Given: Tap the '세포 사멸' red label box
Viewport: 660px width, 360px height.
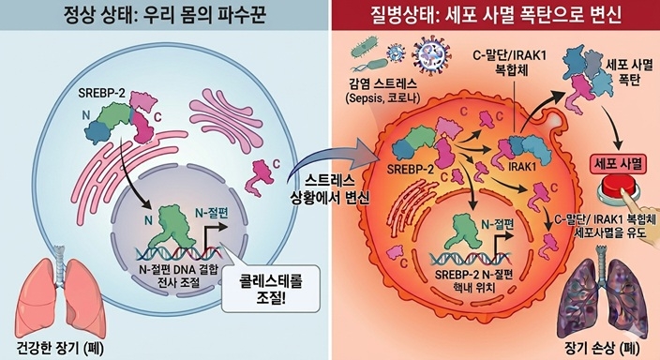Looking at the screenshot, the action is click(x=618, y=164).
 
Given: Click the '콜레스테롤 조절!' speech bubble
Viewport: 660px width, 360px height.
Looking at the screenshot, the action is click(x=271, y=289).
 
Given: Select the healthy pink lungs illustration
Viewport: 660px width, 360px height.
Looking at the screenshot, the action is click(x=60, y=293).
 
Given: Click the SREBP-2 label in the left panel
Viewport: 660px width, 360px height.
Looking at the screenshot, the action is click(x=101, y=93).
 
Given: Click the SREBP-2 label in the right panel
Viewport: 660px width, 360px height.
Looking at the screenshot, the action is click(x=410, y=169).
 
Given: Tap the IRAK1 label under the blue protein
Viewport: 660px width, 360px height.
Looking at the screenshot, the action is click(x=522, y=166).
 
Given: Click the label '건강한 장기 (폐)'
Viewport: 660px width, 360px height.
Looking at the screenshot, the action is click(x=60, y=348).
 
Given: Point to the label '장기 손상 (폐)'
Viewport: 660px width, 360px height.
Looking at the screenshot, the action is click(x=602, y=348).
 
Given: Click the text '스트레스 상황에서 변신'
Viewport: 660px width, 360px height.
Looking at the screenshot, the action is click(x=330, y=190).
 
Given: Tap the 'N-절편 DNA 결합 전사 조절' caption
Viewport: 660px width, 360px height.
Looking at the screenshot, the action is click(x=178, y=276).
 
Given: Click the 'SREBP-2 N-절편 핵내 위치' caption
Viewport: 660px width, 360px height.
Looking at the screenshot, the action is click(x=474, y=281).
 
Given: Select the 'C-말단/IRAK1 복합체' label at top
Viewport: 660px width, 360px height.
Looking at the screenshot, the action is click(x=510, y=62).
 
